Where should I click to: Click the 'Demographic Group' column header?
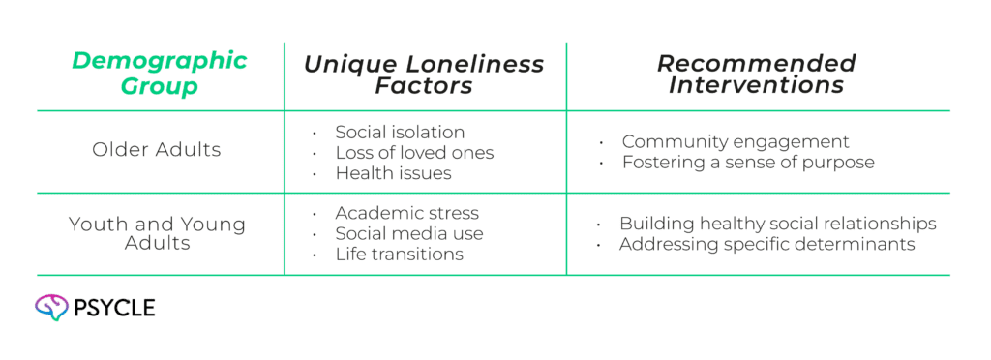[160, 75]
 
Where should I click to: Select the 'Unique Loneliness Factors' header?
[424, 75]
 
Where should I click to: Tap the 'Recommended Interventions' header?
[756, 75]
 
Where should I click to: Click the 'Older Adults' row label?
[157, 150]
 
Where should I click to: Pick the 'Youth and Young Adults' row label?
[157, 233]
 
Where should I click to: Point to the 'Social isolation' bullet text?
[400, 132]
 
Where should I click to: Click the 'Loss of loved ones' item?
[414, 153]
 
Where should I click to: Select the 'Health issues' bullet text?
[393, 174]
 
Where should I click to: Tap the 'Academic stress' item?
[406, 213]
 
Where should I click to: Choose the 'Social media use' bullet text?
[409, 233]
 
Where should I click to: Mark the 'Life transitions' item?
[399, 255]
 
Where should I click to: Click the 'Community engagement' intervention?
[735, 141]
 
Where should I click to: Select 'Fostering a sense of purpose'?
[747, 163]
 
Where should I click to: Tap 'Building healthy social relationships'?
[777, 224]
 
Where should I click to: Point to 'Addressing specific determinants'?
[766, 245]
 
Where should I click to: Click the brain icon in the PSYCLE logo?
[48, 308]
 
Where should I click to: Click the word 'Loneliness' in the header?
[473, 64]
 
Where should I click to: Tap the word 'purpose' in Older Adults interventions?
[841, 163]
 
